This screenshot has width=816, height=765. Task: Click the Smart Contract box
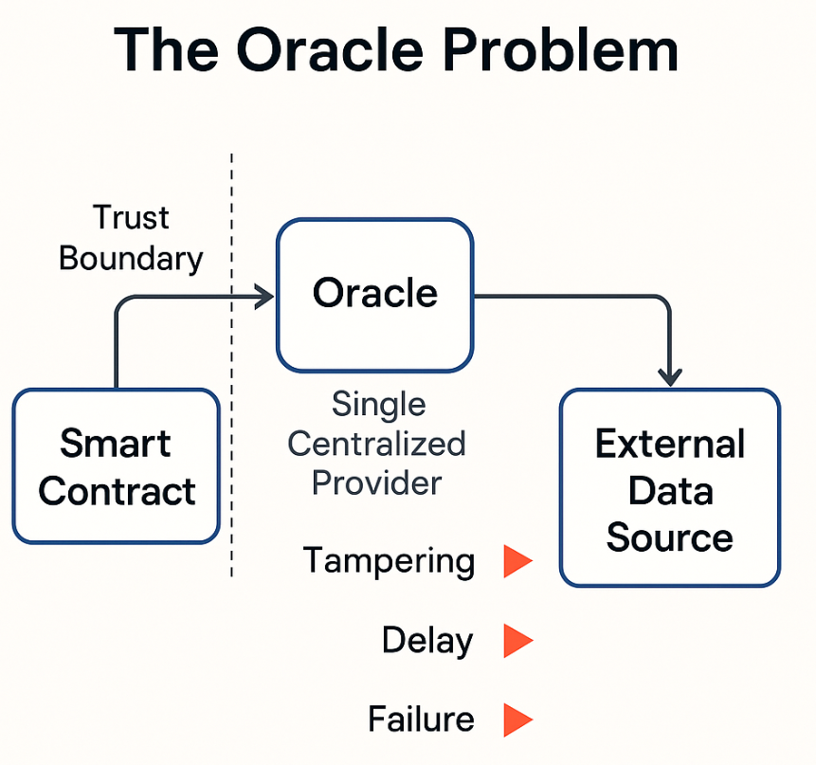(117, 466)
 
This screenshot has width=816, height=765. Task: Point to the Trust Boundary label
(131, 238)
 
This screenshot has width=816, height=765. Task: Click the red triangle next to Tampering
(517, 561)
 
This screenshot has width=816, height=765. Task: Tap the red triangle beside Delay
(517, 641)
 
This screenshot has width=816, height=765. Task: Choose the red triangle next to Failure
(517, 719)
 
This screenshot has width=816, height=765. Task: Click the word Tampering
(389, 561)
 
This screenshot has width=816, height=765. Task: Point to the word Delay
(426, 642)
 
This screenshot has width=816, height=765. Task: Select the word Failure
(421, 719)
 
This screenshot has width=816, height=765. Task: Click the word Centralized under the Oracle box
(377, 444)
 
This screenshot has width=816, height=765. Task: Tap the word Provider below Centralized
(377, 483)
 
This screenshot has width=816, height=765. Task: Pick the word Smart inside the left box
(116, 444)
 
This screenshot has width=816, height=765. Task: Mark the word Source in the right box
(669, 537)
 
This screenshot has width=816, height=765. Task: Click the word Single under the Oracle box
(378, 405)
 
